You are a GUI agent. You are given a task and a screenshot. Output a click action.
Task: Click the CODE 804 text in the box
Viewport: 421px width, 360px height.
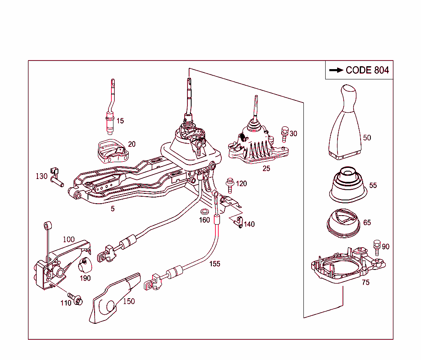(367, 70)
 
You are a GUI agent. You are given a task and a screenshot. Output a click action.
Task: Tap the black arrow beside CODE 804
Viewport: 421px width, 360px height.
(336, 70)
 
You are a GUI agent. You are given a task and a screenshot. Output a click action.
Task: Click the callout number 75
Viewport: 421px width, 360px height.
(365, 282)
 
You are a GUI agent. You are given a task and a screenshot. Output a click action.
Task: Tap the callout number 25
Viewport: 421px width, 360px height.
(266, 168)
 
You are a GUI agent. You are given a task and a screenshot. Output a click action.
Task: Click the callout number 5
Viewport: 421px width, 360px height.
(113, 209)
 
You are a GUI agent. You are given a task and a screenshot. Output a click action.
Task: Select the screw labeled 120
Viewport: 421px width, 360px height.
(229, 185)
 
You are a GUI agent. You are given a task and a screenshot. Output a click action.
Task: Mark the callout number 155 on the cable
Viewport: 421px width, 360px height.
(215, 264)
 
